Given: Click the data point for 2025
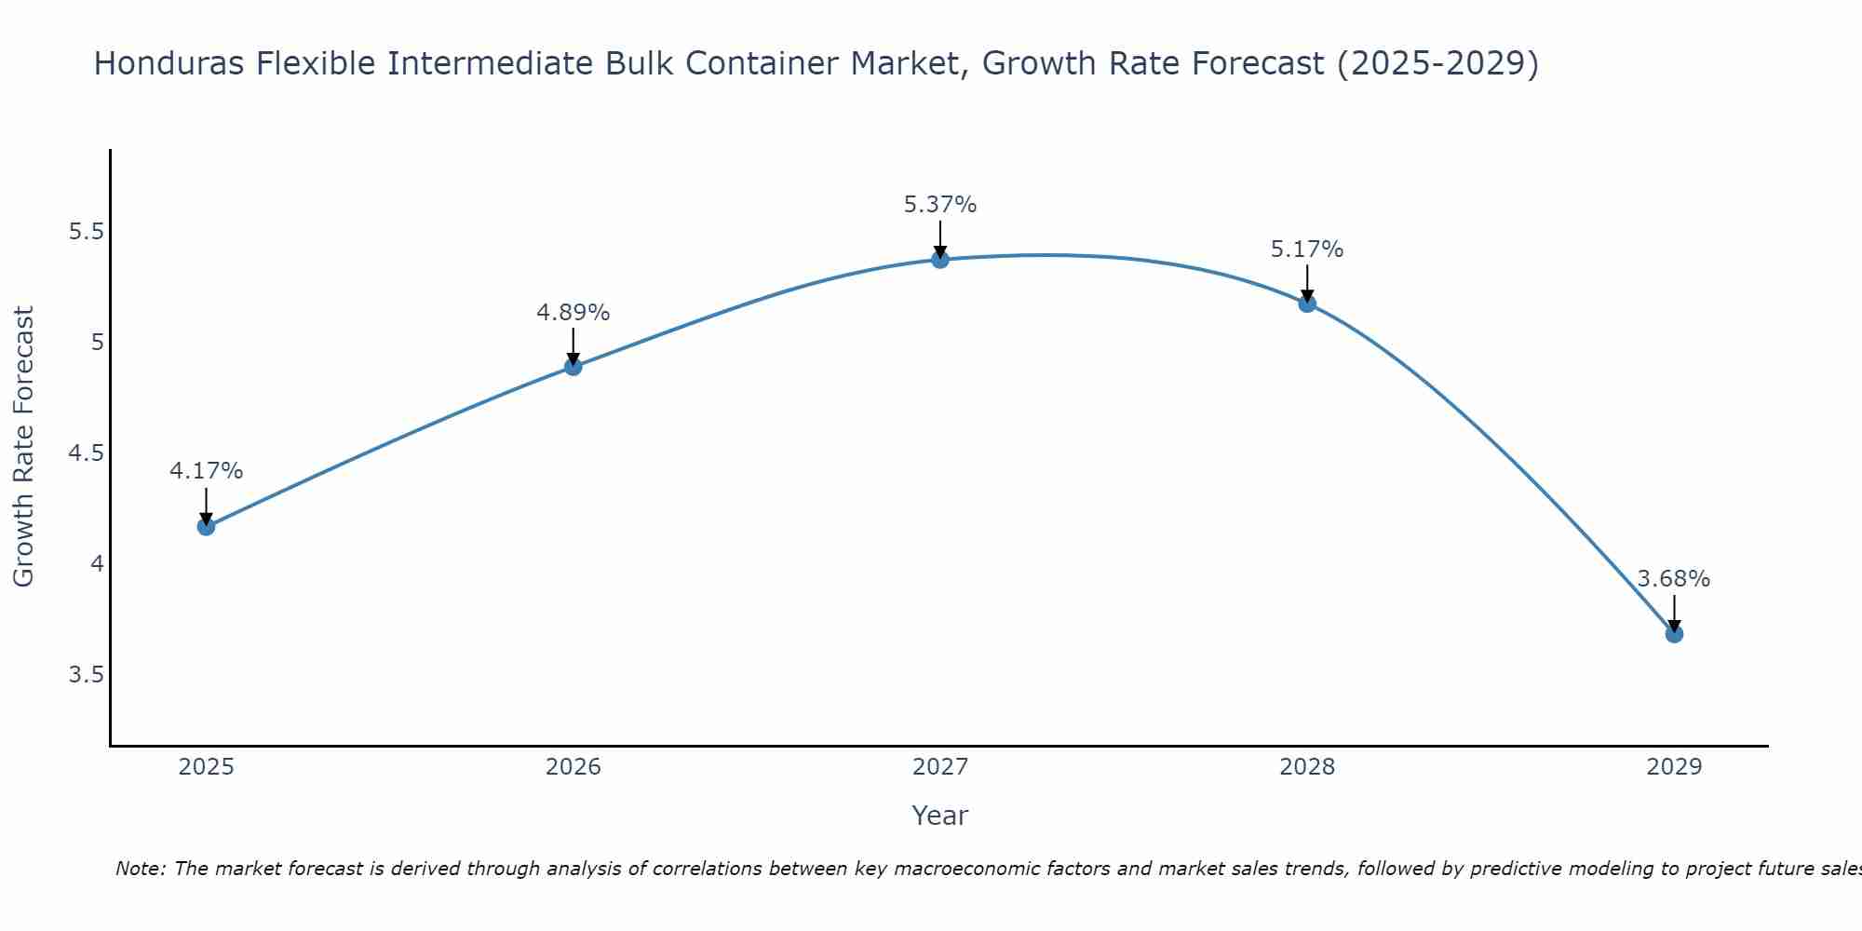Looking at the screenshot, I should (206, 527).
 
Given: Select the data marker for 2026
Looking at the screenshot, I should (573, 367).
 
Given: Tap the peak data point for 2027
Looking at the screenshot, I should (940, 260).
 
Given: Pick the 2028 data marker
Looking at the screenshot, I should (1307, 304).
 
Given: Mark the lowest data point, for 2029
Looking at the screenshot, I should (1674, 634).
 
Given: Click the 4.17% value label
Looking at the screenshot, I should (206, 471).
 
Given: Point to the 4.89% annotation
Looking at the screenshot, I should (573, 313).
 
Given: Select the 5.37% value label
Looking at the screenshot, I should (940, 205).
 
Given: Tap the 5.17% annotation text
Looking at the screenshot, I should (1307, 250).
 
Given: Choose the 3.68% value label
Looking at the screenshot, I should (1674, 579).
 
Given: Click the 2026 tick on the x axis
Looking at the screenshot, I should (573, 767).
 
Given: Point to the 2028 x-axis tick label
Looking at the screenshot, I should (1307, 767).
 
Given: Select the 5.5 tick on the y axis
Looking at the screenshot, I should (85, 232).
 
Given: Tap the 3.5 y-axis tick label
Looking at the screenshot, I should (85, 675).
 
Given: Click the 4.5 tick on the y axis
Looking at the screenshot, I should (85, 453).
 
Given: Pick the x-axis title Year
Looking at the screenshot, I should (940, 816).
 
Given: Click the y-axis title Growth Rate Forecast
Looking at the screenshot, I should (24, 447).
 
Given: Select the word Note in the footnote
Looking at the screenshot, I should (140, 869).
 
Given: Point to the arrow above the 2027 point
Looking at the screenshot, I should (940, 238).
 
